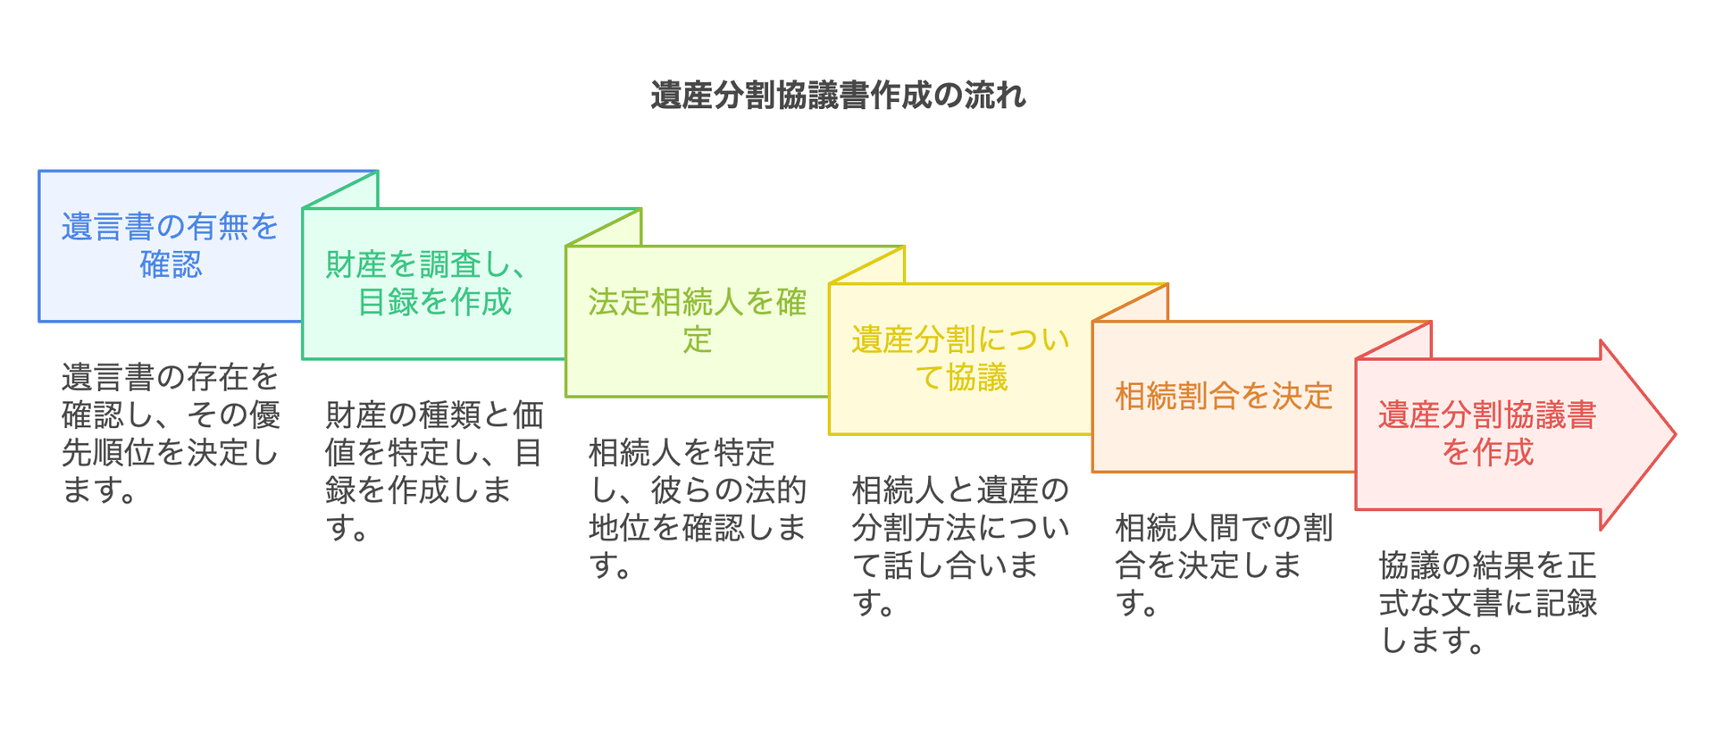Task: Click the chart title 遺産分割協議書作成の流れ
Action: tap(838, 96)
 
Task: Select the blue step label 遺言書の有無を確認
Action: tap(170, 246)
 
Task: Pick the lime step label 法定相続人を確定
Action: tap(697, 321)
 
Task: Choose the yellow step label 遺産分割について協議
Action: tap(960, 358)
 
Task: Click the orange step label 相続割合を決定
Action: tap(1224, 396)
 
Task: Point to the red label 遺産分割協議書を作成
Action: tap(1487, 434)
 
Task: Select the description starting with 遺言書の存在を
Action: tap(170, 433)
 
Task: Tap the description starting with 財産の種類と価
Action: tap(434, 471)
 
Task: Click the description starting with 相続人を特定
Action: tap(697, 508)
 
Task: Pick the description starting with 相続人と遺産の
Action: tap(960, 546)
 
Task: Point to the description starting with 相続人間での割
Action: tap(1224, 565)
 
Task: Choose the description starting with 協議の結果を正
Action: tap(1487, 602)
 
